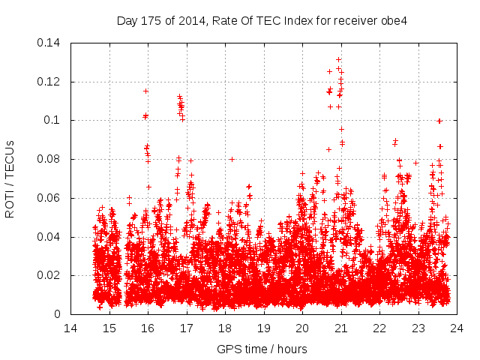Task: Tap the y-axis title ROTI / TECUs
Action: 10,178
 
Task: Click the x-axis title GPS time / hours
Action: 262,349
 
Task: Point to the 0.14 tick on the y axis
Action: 51,42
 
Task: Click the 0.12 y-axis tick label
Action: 51,81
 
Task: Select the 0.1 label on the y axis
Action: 54,120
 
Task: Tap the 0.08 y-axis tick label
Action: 51,159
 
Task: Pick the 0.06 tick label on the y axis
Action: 51,198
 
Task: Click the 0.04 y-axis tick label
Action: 51,237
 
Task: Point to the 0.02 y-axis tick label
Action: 51,275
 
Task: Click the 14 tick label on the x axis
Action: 70,328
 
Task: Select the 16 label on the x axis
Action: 148,328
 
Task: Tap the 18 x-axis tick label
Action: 225,328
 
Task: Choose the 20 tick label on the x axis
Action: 302,328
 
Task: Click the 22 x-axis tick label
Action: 379,328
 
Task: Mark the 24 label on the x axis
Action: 457,328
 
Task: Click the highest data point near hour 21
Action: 338,59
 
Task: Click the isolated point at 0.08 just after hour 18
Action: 232,159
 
